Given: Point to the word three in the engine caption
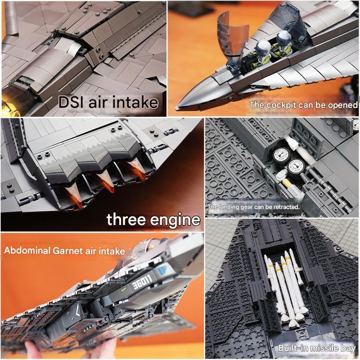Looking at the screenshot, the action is pos(126,220).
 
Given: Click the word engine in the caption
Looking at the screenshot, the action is pos(175,220).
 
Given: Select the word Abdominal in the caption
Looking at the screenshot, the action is pos(27,250).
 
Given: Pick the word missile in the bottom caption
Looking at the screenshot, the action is pos(322,348).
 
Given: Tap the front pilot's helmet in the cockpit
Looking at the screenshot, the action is pos(261,48).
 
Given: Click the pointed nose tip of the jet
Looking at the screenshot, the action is pos(179,107).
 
